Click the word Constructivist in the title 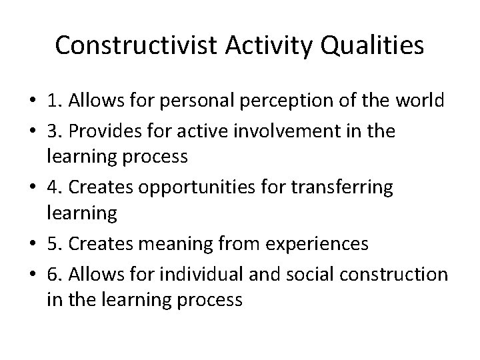tap(133, 45)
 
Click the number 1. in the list tap(55, 102)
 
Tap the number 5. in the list tap(55, 244)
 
